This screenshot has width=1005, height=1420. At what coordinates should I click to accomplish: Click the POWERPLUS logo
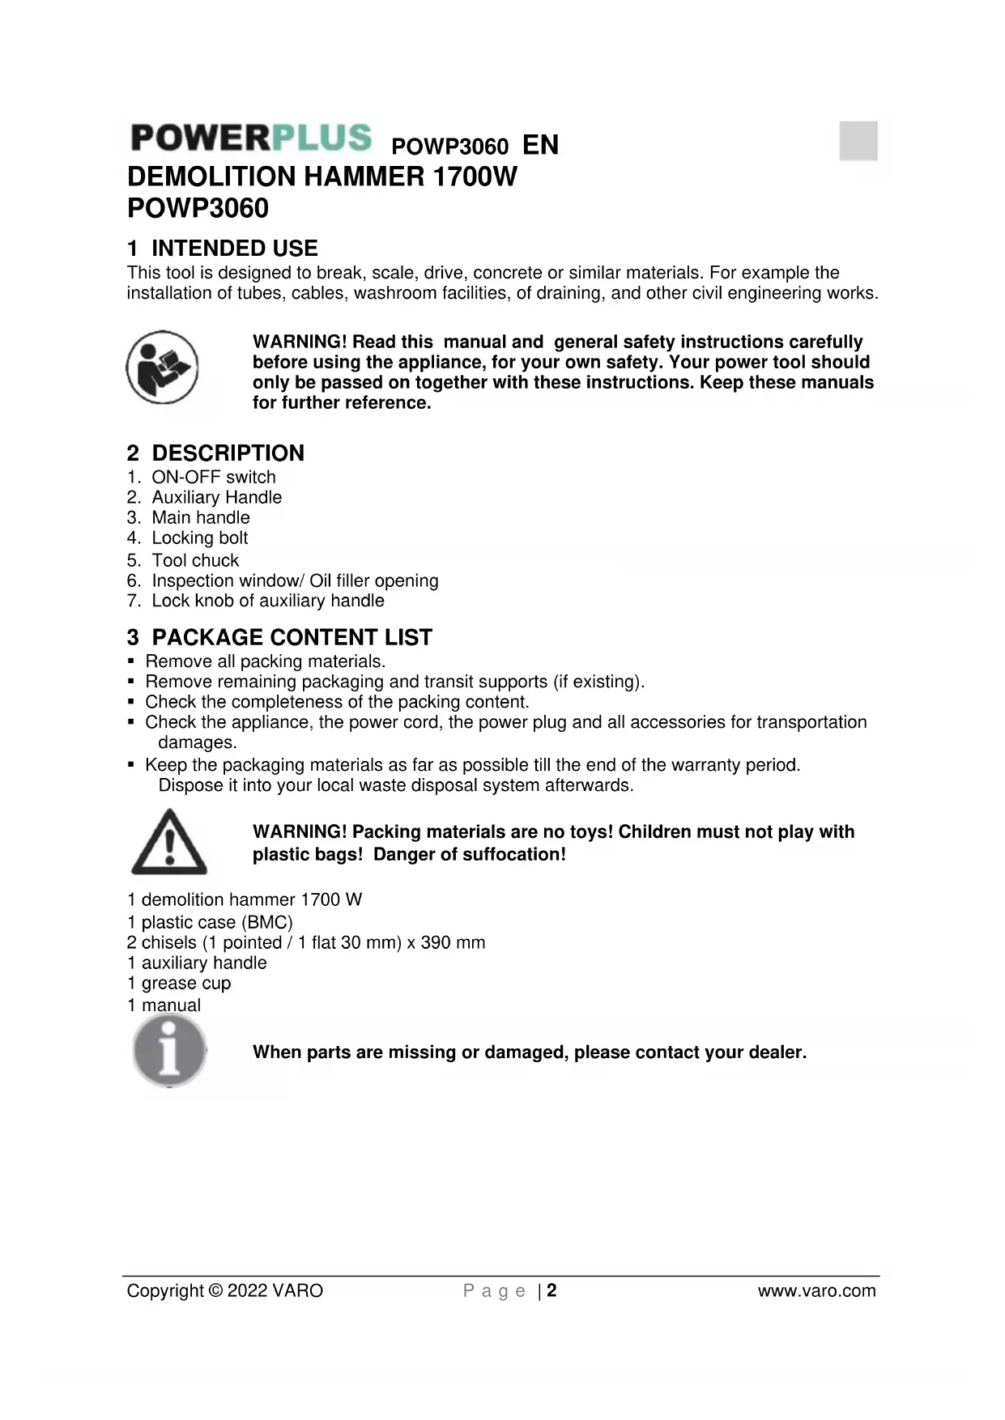[x=251, y=138]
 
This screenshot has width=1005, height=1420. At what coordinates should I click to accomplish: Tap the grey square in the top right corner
[x=858, y=141]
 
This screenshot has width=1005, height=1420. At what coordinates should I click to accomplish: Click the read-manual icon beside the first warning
[x=162, y=368]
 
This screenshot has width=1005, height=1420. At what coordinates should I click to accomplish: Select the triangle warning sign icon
[x=169, y=842]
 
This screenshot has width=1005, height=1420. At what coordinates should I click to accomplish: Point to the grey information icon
[x=169, y=1051]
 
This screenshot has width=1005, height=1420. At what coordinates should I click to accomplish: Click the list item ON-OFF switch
[x=213, y=478]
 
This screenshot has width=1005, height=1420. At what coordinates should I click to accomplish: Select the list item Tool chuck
[x=195, y=560]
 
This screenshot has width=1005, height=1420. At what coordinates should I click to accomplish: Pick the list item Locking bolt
[x=199, y=538]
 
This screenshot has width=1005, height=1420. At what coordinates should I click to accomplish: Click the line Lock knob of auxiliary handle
[x=267, y=601]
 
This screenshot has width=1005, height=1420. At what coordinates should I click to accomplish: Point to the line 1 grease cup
[x=179, y=984]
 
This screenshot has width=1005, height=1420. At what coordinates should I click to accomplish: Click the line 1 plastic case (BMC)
[x=210, y=923]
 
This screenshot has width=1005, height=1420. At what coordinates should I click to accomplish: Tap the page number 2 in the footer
[x=551, y=1290]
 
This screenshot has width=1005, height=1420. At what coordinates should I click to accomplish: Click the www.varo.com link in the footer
[x=816, y=1290]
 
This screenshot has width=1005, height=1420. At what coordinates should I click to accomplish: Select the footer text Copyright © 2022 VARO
[x=224, y=1290]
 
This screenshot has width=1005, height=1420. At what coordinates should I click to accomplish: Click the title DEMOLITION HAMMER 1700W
[x=322, y=176]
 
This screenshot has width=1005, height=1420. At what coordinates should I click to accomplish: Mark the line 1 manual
[x=164, y=1005]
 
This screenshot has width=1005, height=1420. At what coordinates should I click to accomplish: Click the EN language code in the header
[x=540, y=146]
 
